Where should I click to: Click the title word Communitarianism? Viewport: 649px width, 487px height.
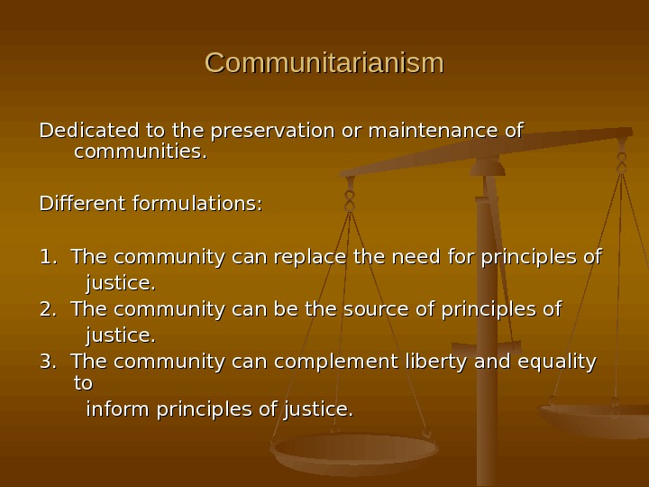click(x=324, y=64)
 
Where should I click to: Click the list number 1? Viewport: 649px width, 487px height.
click(x=47, y=258)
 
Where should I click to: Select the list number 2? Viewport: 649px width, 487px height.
click(x=47, y=310)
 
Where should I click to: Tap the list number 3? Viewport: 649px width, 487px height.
click(x=47, y=363)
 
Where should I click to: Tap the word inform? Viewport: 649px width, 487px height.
click(x=118, y=411)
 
